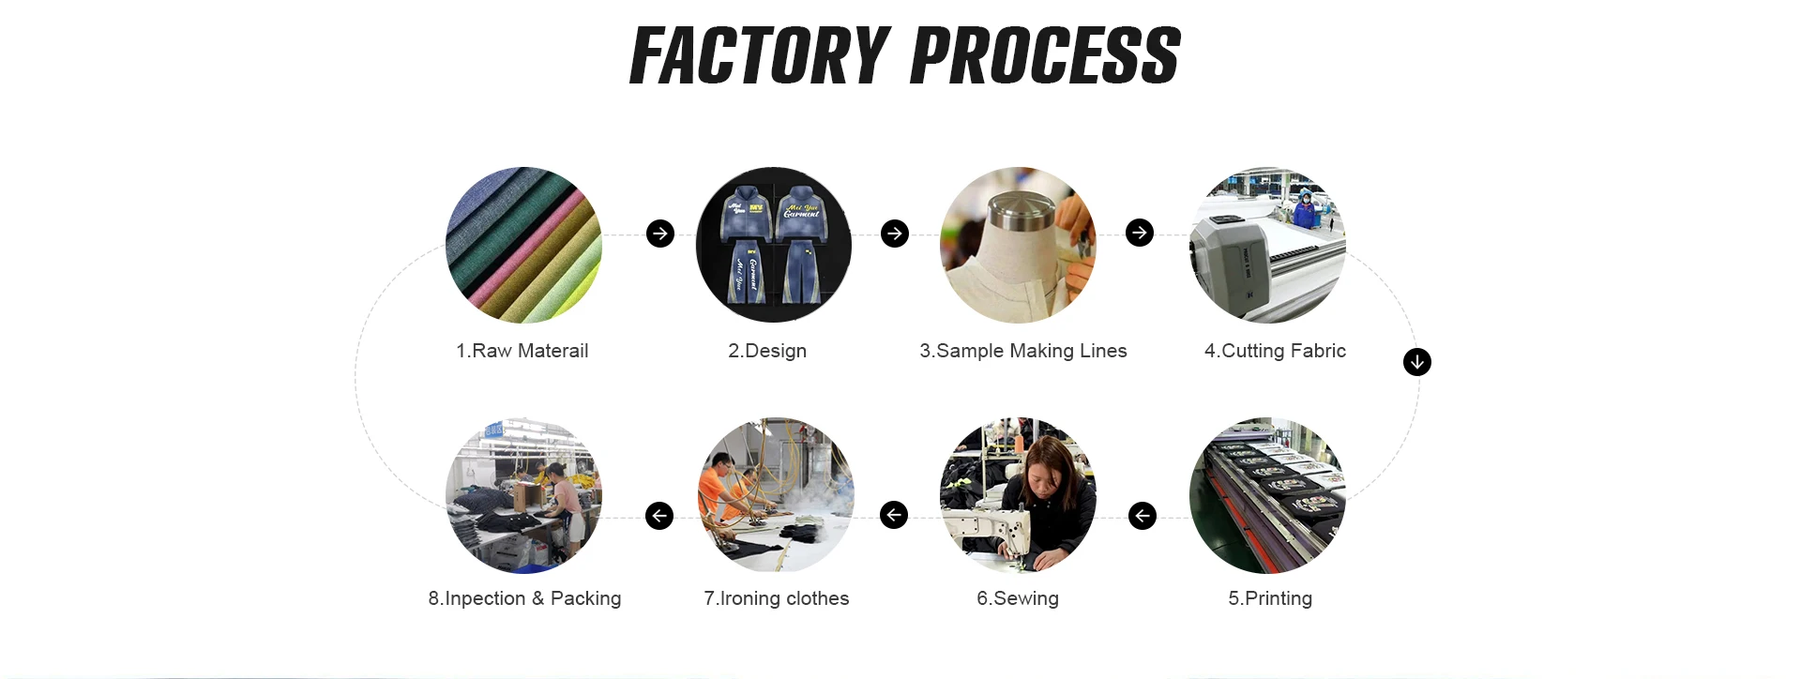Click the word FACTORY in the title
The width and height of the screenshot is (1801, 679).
pos(760,56)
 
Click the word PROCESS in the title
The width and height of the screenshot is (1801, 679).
pos(1045,56)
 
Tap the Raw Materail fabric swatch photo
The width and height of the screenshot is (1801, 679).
pos(523,245)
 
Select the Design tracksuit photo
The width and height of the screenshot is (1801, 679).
pos(774,245)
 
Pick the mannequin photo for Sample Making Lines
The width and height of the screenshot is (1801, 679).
pos(1018,245)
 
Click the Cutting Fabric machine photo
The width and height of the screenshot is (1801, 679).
pos(1267,245)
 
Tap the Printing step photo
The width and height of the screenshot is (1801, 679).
pos(1267,495)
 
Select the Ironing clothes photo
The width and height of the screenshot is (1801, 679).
pos(776,495)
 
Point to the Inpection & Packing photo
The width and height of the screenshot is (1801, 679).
pos(523,495)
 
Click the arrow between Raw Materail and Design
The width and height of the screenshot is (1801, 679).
pos(660,234)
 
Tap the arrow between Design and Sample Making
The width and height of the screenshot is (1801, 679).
pos(895,234)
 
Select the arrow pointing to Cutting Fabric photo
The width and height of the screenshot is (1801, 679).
pos(1140,233)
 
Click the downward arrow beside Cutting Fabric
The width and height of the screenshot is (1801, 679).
pos(1417,362)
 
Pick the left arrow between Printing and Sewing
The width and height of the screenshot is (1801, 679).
pos(1143,516)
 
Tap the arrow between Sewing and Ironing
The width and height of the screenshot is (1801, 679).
pos(894,515)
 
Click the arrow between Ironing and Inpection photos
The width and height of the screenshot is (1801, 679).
pos(659,516)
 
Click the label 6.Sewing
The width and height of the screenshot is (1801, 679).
pos(1018,598)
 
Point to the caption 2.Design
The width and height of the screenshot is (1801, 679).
pos(767,351)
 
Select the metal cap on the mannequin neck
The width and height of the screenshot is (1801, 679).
pos(1018,210)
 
